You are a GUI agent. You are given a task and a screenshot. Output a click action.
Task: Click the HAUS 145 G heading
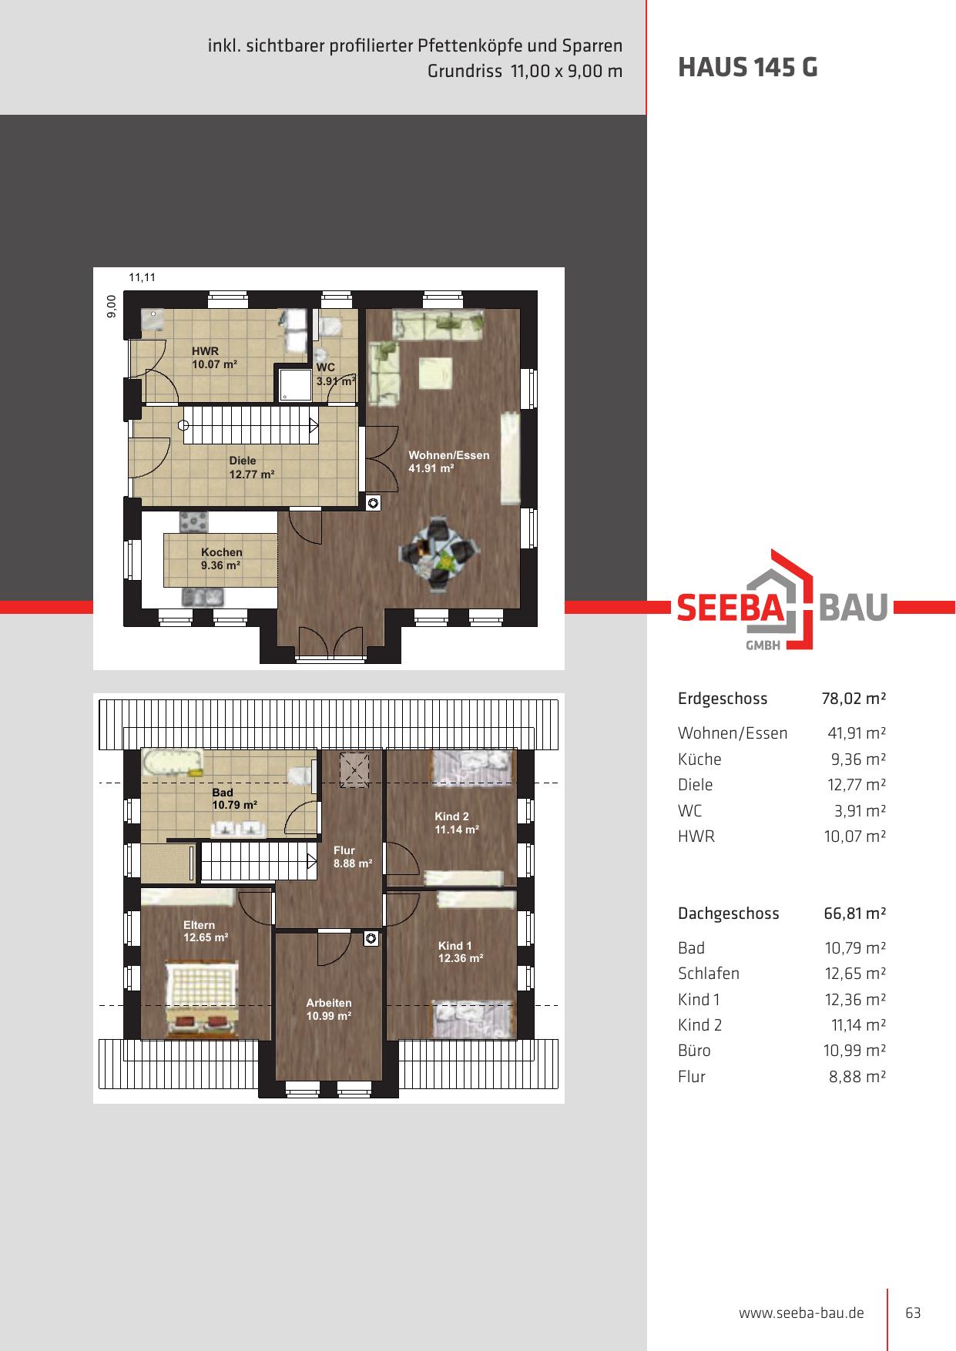coord(747,68)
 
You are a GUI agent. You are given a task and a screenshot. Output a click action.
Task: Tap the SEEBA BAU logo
coord(783,600)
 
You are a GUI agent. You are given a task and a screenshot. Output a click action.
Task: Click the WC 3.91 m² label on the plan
coord(335,374)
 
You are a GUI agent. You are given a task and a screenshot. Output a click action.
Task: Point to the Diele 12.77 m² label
coord(252,468)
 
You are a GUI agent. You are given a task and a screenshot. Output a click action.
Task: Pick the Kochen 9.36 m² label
coord(222,558)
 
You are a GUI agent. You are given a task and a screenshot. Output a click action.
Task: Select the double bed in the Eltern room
coord(201,998)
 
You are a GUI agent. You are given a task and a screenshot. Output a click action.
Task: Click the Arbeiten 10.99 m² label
coord(329,1009)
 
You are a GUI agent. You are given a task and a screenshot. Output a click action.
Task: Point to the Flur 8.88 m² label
coord(353,857)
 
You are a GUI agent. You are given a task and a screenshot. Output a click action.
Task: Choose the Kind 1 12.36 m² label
coord(461,952)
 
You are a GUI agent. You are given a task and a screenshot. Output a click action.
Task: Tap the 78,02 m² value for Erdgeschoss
coord(854,699)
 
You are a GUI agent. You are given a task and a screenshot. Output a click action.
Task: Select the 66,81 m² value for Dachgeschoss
coord(855,914)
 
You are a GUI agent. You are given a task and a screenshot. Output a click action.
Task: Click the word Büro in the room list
coord(695,1051)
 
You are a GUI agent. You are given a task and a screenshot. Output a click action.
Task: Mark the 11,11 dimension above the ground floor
coord(142,277)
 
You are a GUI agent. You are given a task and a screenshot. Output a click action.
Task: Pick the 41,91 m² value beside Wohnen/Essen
coord(857,733)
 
